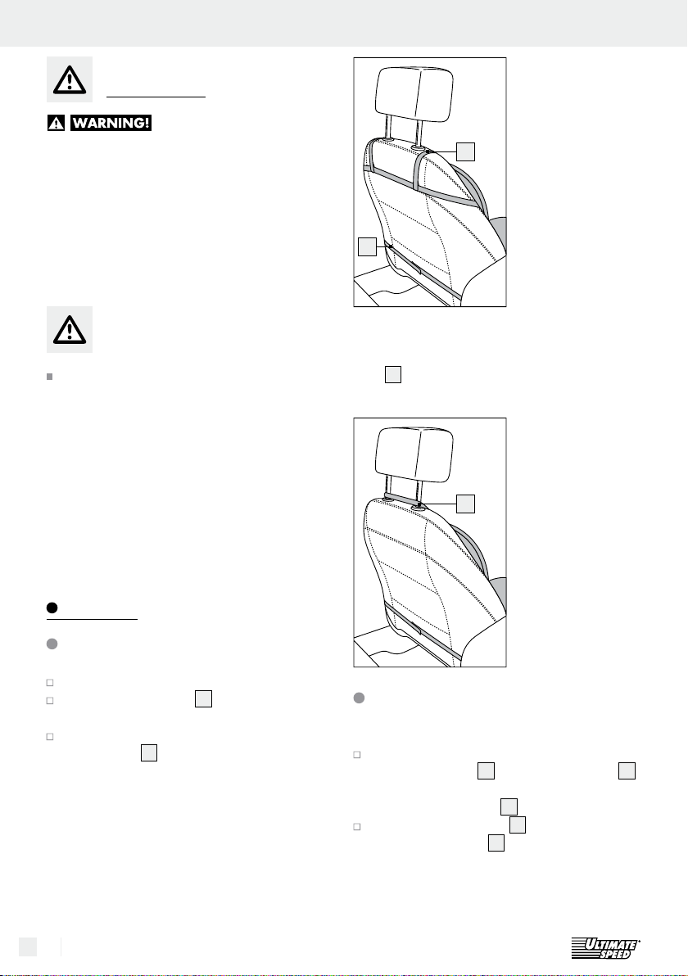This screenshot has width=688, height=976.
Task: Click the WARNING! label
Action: coord(111,123)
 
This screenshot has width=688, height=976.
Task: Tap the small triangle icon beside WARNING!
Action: coord(56,123)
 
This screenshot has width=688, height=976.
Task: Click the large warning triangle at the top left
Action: coord(70,79)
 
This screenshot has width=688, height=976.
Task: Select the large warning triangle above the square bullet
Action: coord(70,329)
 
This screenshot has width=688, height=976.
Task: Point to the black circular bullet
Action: coord(52,608)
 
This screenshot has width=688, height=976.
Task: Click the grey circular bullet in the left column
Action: coord(52,644)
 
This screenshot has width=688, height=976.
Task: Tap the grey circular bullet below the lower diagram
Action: coord(360,698)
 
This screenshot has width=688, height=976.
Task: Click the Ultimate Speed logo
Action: coord(606,947)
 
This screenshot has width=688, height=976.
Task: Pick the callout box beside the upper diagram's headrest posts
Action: coord(466,151)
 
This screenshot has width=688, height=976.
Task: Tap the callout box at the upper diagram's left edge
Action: coord(368,246)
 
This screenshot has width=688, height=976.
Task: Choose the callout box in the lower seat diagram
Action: coord(466,504)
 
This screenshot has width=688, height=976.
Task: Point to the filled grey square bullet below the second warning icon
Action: coord(50,377)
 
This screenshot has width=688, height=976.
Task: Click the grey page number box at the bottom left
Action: coord(27,947)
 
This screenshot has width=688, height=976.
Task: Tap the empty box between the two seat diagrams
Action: coord(393,374)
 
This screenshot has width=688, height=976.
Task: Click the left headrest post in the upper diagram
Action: coord(388,129)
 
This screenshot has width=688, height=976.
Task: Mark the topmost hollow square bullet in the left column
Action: coord(50,683)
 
